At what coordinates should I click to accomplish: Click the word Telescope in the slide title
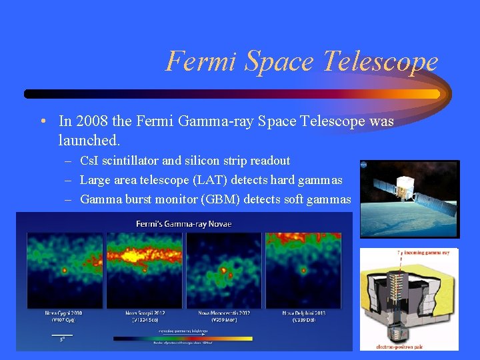[381, 61]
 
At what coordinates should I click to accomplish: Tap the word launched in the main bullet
[88, 141]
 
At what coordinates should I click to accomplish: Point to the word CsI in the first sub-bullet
[89, 161]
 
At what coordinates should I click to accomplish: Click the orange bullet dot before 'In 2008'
[41, 121]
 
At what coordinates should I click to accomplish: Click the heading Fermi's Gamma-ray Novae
[184, 223]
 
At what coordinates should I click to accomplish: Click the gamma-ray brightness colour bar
[183, 338]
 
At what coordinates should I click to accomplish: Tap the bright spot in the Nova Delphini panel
[303, 271]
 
